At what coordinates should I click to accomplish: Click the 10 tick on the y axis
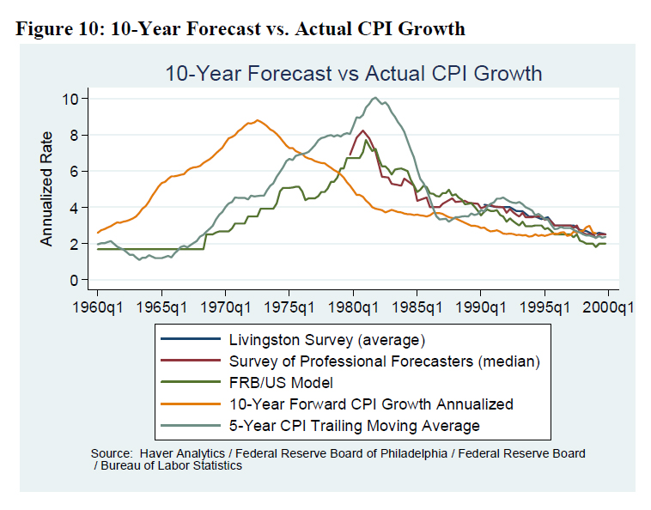pos(70,99)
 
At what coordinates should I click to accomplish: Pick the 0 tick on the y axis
pos(74,280)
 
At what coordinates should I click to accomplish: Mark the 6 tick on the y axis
pos(74,171)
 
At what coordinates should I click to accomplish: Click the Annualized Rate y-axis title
pos(47,189)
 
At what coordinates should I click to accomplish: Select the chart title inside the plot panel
pos(353,73)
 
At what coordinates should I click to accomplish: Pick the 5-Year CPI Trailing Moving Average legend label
pos(354,425)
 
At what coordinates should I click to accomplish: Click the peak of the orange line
pos(258,120)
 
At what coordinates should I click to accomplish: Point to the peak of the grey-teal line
pos(375,98)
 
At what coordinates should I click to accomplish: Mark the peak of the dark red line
pos(363,131)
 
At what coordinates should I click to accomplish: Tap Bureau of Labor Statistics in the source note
pos(171,465)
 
